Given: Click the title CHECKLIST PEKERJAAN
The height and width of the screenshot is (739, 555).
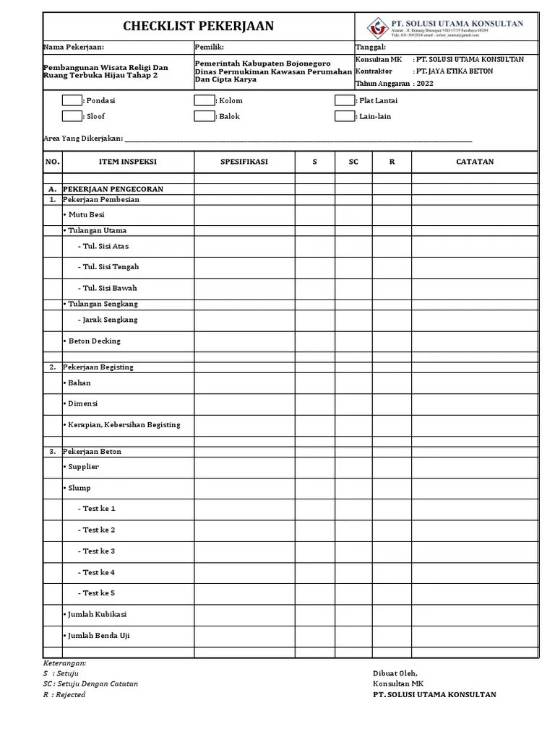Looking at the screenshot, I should (198, 27).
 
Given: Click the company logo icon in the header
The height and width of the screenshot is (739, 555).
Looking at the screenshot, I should (377, 27).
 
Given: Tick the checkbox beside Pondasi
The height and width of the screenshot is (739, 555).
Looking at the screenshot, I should (72, 101).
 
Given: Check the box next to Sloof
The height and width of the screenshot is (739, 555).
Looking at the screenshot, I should (72, 116).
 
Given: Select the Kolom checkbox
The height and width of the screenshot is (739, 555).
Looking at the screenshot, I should (205, 101).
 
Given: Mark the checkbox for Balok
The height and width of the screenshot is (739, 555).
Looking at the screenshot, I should (205, 116).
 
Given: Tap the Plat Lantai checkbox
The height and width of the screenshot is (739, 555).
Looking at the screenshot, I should (345, 101).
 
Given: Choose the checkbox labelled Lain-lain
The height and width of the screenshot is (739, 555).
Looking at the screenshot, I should (345, 116).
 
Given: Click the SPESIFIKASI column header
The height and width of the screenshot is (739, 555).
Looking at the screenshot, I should (244, 162).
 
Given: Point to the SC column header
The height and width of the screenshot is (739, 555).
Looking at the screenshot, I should (353, 162).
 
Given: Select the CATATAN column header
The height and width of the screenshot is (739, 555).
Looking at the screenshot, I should (475, 162).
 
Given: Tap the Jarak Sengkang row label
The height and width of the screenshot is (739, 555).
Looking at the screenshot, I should (108, 320).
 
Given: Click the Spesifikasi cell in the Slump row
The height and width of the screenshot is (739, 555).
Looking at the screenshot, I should (244, 488).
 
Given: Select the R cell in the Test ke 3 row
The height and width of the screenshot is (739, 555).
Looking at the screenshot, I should (392, 551).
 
